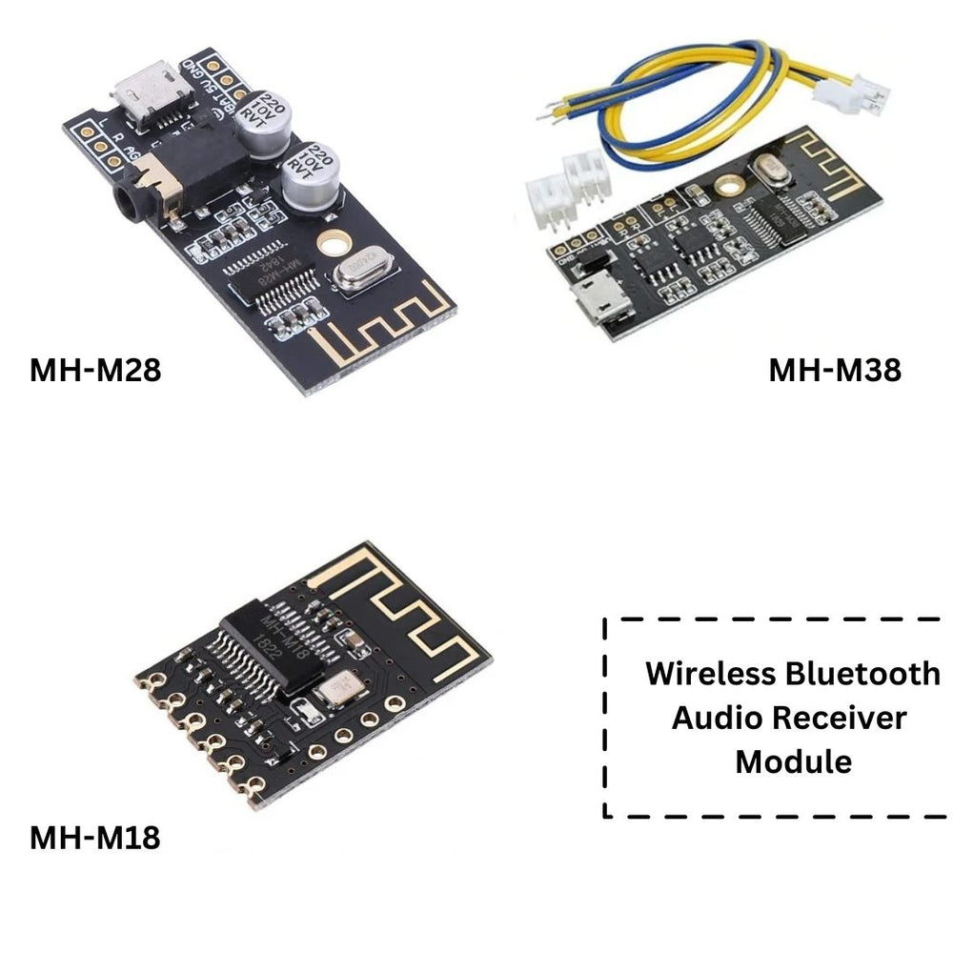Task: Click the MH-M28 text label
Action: click(x=95, y=370)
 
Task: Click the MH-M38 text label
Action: click(x=835, y=370)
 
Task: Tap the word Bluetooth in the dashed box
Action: click(x=862, y=674)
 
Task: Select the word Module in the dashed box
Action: click(x=793, y=761)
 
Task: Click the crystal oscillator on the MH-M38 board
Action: click(x=770, y=171)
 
